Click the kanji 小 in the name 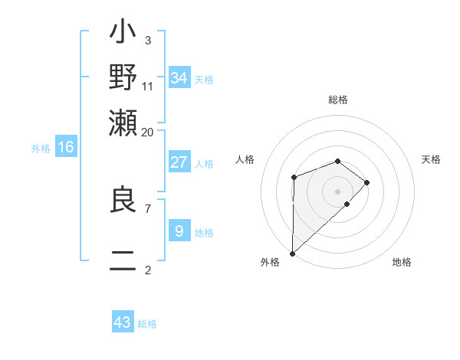123,34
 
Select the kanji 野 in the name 123,77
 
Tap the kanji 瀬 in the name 123,121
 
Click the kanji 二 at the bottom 123,260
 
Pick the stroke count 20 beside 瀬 147,132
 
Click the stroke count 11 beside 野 148,86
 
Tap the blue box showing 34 179,77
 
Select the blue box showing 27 179,162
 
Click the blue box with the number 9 179,231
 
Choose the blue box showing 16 66,147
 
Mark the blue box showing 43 123,322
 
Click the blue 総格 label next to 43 148,324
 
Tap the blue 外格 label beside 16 41,149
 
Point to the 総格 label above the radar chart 338,100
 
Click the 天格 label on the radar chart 432,159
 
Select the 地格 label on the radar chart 402,262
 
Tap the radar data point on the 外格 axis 292,253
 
